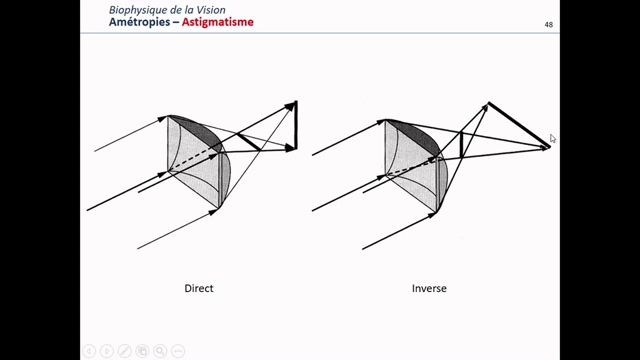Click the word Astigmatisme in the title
(218, 22)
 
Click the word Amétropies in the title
(139, 22)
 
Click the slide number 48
(549, 25)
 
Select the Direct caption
(199, 288)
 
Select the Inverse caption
(429, 288)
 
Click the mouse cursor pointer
(552, 138)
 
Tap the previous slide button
(89, 351)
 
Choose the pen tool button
(124, 351)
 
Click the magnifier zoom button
(160, 351)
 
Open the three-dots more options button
(178, 351)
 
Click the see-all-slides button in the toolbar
(142, 351)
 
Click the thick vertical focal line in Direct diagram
(296, 125)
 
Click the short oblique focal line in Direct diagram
(249, 142)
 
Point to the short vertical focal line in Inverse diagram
(461, 145)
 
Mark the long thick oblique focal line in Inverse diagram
(519, 125)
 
